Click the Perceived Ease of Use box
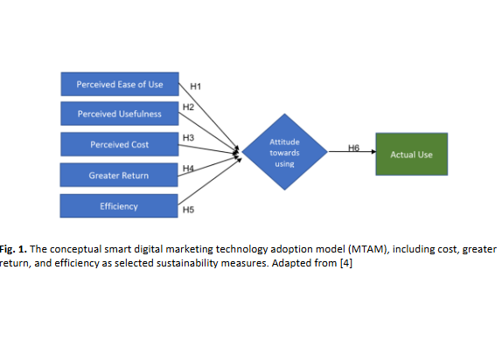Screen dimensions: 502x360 (x=120, y=84)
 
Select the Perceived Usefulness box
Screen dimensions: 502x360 (x=120, y=114)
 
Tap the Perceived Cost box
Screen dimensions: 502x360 (x=120, y=144)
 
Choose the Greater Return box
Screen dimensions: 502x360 (x=119, y=175)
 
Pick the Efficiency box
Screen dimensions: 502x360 (x=119, y=206)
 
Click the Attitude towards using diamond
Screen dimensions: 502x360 (x=284, y=152)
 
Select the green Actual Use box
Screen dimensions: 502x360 (x=412, y=155)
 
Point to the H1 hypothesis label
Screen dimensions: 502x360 (x=196, y=87)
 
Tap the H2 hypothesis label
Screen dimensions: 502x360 (x=188, y=107)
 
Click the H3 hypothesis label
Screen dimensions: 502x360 (x=188, y=137)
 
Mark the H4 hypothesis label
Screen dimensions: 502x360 (x=188, y=169)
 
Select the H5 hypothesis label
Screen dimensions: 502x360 (x=188, y=210)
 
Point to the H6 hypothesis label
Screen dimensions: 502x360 (x=354, y=148)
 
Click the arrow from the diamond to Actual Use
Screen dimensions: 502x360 (x=352, y=151)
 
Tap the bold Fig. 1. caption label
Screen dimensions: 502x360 (x=13, y=249)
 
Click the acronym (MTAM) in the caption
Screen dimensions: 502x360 (x=369, y=249)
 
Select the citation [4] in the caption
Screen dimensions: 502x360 (x=346, y=263)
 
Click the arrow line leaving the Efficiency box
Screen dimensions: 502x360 (x=210, y=182)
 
